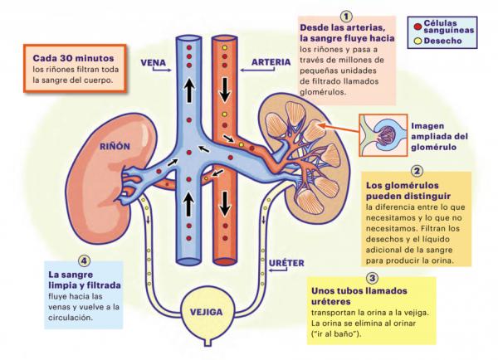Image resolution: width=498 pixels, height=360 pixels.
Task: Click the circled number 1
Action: [x=346, y=15]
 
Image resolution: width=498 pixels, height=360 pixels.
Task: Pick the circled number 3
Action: [x=371, y=278]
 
